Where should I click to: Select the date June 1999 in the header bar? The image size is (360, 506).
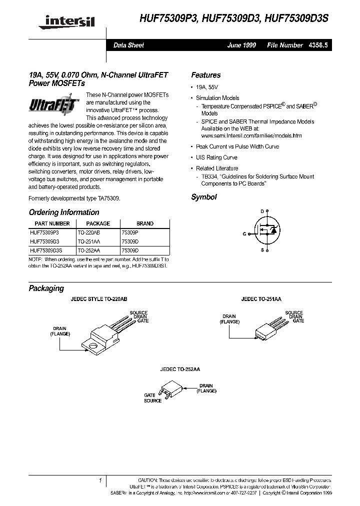point(241,45)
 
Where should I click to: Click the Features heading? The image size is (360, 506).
point(205,75)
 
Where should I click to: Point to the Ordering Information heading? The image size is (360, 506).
point(64,212)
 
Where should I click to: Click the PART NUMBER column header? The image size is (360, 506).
point(52,223)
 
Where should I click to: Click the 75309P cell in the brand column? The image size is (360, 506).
point(130,232)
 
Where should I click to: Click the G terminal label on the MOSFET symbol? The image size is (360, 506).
point(245,233)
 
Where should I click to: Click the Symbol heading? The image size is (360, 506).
point(203,197)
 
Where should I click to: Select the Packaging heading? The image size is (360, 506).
point(46,288)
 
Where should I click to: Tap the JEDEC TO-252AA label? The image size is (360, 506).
point(179,370)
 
